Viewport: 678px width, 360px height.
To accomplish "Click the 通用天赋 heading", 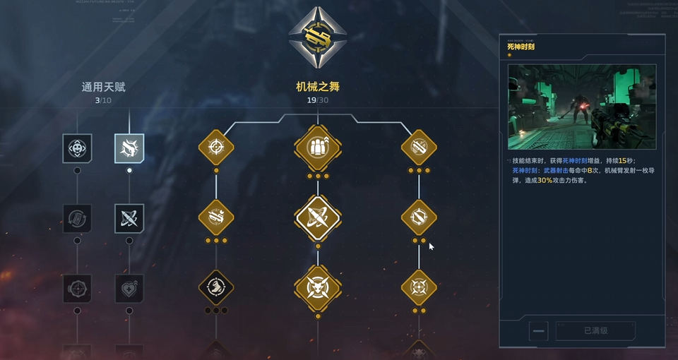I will click(x=103, y=88).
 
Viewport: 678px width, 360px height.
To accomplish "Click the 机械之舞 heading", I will click(x=318, y=88).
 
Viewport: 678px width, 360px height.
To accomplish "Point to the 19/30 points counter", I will click(x=318, y=100).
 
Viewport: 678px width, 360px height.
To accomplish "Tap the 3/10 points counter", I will click(x=103, y=100).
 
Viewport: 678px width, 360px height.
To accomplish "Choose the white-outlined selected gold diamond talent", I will click(x=318, y=218).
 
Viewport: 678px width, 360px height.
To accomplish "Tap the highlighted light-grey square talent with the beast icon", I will click(x=129, y=148).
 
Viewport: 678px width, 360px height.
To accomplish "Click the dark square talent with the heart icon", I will click(x=129, y=288).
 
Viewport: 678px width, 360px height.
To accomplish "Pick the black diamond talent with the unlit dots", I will click(x=216, y=287).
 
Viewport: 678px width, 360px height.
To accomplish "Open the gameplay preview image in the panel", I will click(x=582, y=107).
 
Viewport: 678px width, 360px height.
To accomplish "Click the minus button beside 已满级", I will click(x=538, y=330).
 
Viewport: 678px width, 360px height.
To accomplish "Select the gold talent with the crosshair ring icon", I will click(x=216, y=148).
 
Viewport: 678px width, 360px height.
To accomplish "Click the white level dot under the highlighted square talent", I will click(x=129, y=170).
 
